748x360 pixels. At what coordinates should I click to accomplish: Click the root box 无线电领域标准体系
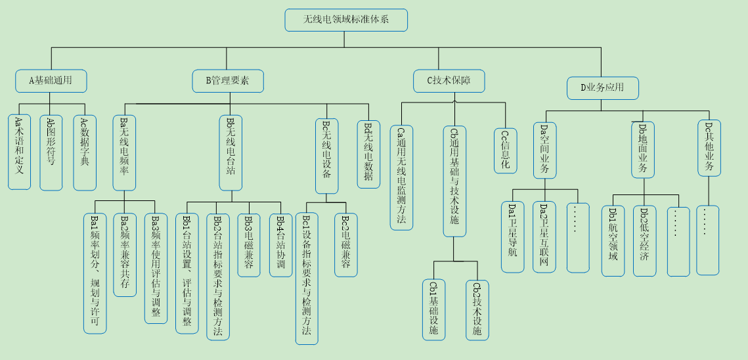[346, 20]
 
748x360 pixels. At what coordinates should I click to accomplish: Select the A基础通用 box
[51, 81]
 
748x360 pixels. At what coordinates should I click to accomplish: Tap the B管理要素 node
[228, 81]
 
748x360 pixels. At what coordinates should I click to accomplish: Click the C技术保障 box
[449, 81]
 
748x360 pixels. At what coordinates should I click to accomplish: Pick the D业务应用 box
[602, 88]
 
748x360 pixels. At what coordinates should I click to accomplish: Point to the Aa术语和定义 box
[19, 152]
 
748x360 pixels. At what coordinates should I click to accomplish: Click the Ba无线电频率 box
[124, 152]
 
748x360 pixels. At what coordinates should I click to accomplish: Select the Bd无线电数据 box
[368, 154]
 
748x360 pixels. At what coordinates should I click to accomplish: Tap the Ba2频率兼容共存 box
[124, 254]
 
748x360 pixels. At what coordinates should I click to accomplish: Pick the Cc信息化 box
[506, 150]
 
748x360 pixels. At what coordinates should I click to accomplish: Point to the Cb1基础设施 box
[433, 309]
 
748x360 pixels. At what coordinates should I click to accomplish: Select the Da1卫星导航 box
[512, 236]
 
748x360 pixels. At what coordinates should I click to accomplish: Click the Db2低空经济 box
[644, 240]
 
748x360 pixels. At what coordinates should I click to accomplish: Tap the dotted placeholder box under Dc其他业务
[707, 240]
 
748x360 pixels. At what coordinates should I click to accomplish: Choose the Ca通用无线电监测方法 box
[401, 177]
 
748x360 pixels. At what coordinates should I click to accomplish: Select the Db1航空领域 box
[613, 240]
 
